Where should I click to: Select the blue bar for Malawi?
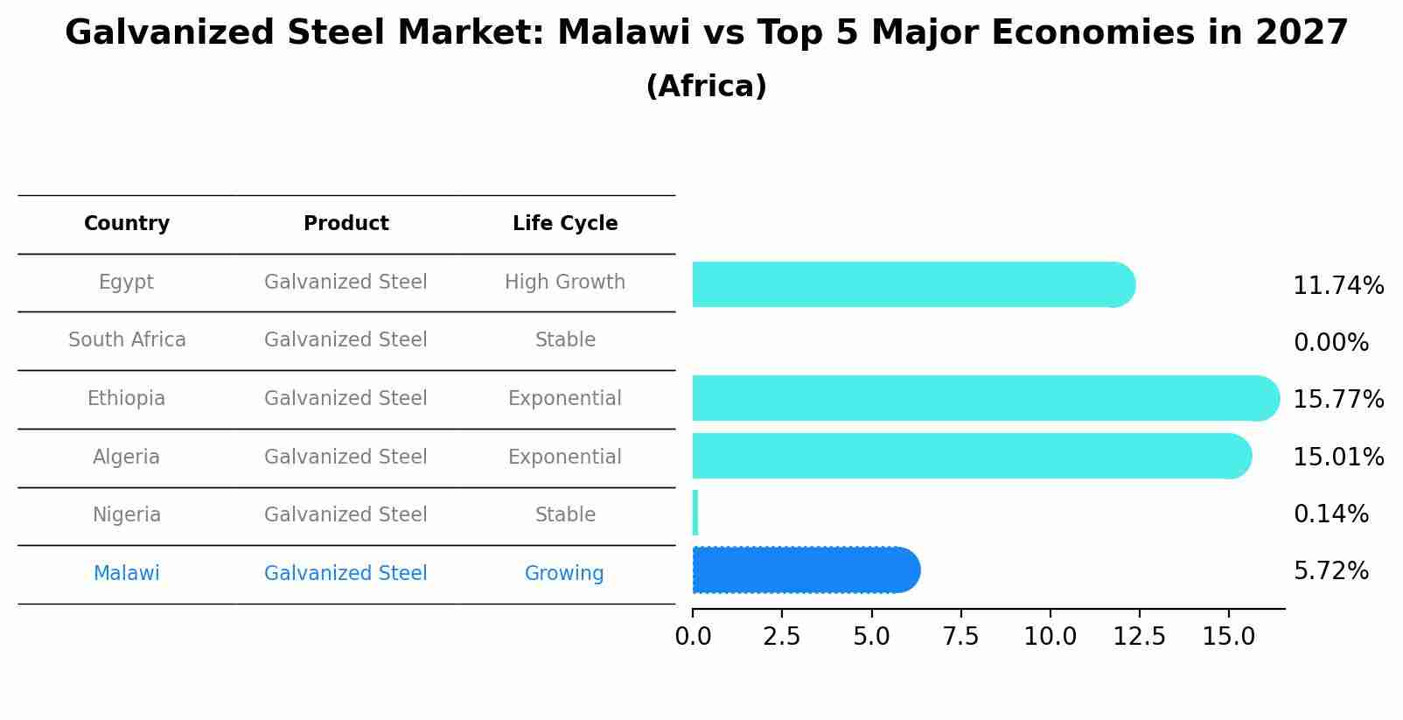[805, 570]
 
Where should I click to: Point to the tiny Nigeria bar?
[695, 513]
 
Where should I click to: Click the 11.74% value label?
[1337, 286]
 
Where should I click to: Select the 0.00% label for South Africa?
[1330, 343]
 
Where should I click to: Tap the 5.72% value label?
[1330, 571]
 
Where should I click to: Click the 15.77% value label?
[1337, 400]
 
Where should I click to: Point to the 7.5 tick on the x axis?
[960, 637]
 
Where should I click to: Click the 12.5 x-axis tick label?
[1139, 637]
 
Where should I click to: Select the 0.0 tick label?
[693, 637]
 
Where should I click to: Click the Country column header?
[127, 224]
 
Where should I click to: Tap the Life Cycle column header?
[565, 224]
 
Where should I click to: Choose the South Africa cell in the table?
[127, 340]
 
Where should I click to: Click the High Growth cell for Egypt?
[565, 283]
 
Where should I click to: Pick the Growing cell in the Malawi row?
[564, 574]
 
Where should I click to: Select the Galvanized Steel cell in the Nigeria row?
[346, 515]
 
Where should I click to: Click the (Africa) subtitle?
[706, 87]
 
